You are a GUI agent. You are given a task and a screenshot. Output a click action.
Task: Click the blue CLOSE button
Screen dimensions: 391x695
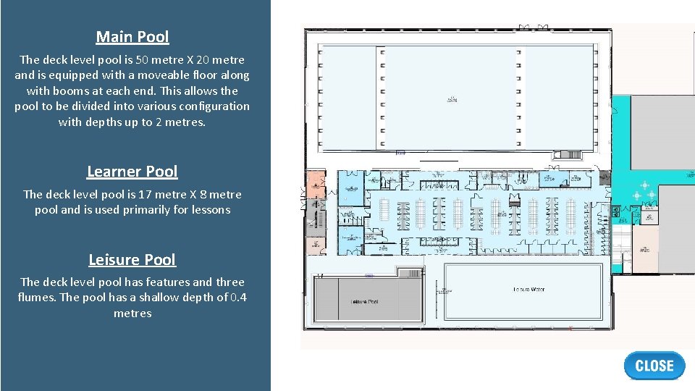click(x=654, y=366)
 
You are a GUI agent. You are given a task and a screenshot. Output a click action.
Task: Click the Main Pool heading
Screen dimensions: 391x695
click(x=132, y=37)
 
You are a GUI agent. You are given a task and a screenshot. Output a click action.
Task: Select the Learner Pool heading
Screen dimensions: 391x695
click(x=132, y=172)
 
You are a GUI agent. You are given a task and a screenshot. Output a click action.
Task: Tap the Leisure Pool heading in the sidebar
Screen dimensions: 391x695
click(x=132, y=259)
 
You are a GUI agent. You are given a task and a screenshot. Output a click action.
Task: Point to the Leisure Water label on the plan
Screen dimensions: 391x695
click(x=528, y=290)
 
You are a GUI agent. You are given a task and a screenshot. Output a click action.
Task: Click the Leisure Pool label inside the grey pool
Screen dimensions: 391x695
click(x=364, y=302)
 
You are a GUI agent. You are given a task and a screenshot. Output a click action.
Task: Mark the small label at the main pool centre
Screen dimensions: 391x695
click(x=452, y=99)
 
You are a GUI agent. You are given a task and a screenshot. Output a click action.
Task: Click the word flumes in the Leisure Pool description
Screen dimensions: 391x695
click(x=40, y=298)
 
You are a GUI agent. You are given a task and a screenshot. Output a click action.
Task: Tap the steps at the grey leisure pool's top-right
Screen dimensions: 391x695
click(x=411, y=273)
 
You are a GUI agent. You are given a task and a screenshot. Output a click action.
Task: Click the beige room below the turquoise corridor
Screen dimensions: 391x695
click(x=645, y=250)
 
